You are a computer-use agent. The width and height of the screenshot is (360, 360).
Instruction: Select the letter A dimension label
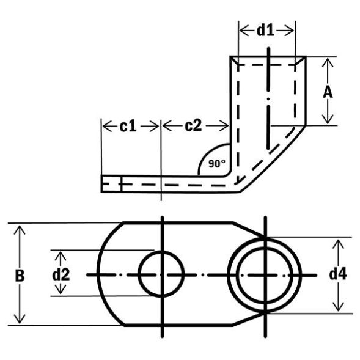(328, 92)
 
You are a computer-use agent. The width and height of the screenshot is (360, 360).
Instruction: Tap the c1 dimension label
(127, 126)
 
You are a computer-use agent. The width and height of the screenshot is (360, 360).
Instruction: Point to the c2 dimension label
(193, 126)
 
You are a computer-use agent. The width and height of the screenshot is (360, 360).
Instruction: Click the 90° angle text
(216, 163)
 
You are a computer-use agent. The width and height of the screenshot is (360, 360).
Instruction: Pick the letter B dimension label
(20, 274)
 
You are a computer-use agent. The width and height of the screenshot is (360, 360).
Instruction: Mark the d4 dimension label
(338, 274)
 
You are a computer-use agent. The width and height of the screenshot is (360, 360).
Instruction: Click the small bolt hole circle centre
(161, 274)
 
